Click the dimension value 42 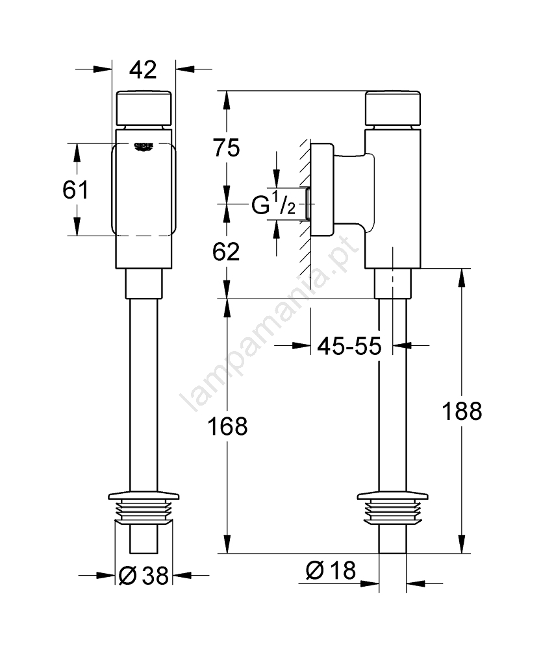[x=143, y=69]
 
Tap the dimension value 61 [x=76, y=190]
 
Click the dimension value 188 [x=461, y=411]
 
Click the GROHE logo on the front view [x=144, y=147]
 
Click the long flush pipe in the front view [x=143, y=389]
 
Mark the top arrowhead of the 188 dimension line [x=462, y=276]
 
